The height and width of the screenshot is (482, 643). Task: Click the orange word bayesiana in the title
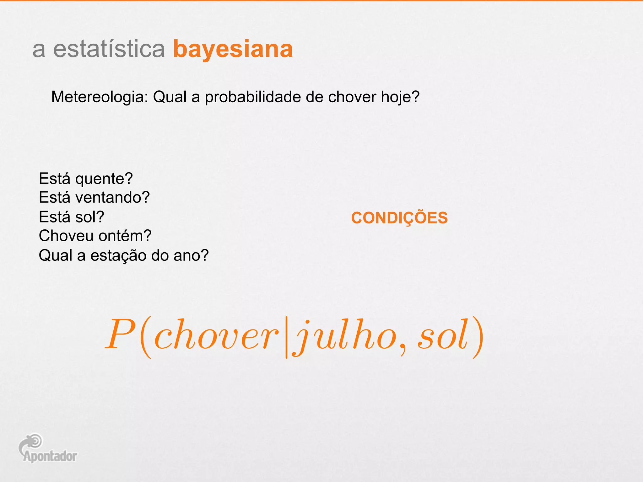(233, 49)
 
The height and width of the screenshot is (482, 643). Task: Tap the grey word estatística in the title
(109, 49)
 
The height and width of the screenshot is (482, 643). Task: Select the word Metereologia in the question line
(99, 97)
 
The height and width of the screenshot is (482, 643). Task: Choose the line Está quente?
(86, 179)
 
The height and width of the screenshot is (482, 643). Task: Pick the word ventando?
(112, 198)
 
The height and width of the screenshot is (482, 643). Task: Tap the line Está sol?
(71, 217)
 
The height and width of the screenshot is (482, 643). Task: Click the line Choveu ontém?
(95, 236)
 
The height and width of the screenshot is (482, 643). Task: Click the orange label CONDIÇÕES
(399, 218)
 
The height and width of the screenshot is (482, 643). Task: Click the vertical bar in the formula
(286, 338)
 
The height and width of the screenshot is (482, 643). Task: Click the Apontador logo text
(50, 457)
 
